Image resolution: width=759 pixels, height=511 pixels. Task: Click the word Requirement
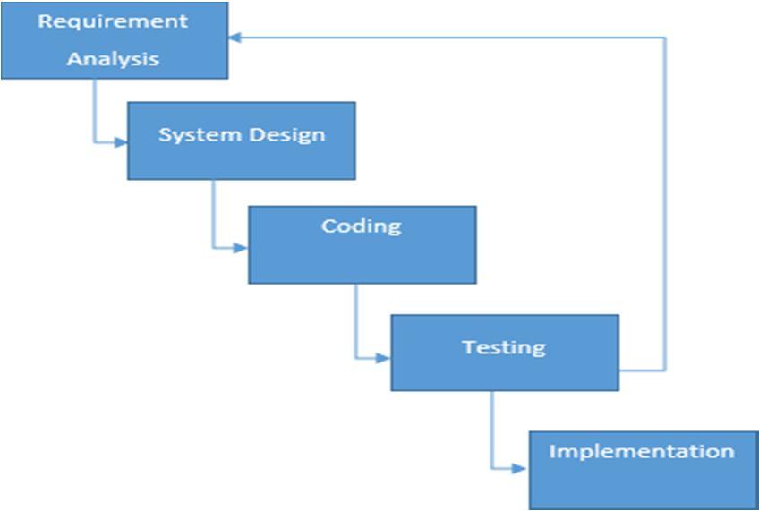[x=113, y=21]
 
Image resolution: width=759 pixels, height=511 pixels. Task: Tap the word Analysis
[x=113, y=60]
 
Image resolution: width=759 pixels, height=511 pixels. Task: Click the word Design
[x=286, y=135]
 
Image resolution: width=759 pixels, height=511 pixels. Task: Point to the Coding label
[x=361, y=226]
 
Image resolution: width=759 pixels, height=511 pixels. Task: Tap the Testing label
[x=503, y=346]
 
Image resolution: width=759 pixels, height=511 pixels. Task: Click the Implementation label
[x=641, y=450]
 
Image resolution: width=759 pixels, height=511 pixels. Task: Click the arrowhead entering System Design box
[x=122, y=141]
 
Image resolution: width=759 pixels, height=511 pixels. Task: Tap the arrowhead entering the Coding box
[x=242, y=247]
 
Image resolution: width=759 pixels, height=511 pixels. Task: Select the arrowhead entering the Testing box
[x=384, y=358]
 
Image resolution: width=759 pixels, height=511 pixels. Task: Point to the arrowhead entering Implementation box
[x=523, y=467]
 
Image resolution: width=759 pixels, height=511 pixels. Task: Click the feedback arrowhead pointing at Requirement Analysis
[x=235, y=38]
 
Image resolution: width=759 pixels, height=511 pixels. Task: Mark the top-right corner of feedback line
[x=665, y=38]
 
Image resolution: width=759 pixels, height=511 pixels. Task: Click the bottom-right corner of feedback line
[x=665, y=370]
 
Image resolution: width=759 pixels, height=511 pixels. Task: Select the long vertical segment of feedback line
[x=665, y=206]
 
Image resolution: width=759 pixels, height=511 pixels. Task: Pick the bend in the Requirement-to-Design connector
[x=94, y=141]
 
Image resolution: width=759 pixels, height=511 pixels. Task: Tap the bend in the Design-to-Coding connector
[x=213, y=247]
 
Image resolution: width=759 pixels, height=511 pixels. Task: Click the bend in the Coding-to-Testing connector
[x=355, y=358]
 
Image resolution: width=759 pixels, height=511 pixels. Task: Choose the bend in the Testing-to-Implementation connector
[x=491, y=467]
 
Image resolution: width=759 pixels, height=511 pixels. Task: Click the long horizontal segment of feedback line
[x=448, y=38]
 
